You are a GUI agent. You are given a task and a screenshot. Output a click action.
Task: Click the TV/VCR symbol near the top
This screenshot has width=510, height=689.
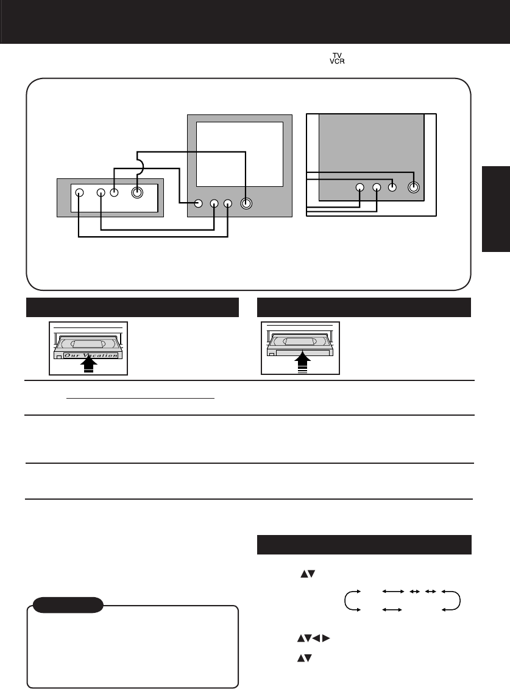click(x=336, y=62)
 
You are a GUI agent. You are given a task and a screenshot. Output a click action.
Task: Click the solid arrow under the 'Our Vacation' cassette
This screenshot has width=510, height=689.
click(x=88, y=365)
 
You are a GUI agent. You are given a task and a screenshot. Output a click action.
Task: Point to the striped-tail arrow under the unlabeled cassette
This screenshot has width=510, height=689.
click(x=302, y=365)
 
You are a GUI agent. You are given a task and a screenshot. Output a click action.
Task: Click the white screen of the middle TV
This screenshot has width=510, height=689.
click(x=240, y=153)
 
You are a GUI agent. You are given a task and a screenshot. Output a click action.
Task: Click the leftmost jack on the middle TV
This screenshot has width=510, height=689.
click(x=198, y=203)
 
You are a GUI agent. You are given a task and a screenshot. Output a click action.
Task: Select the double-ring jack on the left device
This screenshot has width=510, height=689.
click(x=136, y=193)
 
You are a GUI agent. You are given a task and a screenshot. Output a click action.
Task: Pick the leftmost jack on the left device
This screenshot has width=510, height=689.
click(x=79, y=192)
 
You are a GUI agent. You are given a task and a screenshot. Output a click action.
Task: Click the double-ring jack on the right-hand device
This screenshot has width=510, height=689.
click(x=414, y=187)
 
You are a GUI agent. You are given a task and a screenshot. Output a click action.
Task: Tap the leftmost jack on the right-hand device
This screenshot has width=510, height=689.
click(x=359, y=187)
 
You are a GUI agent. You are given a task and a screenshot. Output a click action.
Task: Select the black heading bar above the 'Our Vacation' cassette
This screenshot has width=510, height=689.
click(x=132, y=307)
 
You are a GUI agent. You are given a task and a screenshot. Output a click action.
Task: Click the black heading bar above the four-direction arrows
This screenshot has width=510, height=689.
click(x=364, y=545)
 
